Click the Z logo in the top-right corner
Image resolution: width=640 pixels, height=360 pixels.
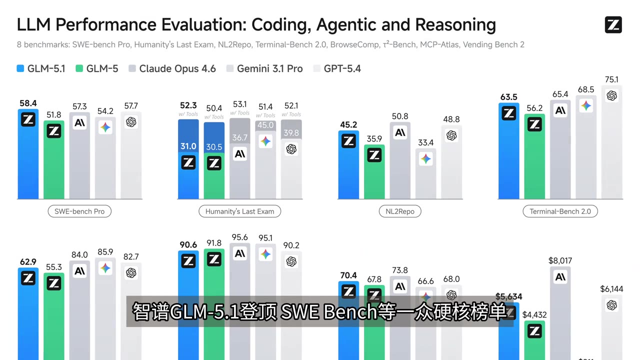[x=613, y=24]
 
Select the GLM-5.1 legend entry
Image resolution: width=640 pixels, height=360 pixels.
[x=41, y=68]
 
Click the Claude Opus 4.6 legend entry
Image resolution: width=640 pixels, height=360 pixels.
[x=172, y=68]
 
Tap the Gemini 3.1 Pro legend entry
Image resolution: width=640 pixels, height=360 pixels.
[x=264, y=68]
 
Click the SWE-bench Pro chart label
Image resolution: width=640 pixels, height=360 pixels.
[x=79, y=211]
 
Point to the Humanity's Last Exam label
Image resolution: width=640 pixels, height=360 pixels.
[x=239, y=211]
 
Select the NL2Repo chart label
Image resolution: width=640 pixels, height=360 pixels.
[x=400, y=211]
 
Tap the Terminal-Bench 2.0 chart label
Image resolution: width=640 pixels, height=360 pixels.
[x=560, y=211]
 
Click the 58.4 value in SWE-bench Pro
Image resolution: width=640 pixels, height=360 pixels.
[x=28, y=103]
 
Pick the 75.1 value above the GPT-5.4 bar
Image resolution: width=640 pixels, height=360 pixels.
[x=611, y=79]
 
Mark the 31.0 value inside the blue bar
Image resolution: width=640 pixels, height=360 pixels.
[x=188, y=146]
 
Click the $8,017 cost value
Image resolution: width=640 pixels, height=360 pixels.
[x=560, y=260]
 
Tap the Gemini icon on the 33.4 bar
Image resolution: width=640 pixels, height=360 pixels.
[x=425, y=159]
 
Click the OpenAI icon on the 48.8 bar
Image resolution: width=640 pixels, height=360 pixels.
[x=451, y=135]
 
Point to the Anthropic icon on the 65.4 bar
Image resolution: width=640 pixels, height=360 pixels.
[x=560, y=110]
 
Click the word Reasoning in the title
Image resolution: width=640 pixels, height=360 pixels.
[x=455, y=24]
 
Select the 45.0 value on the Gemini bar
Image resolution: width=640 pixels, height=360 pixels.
[x=265, y=125]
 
